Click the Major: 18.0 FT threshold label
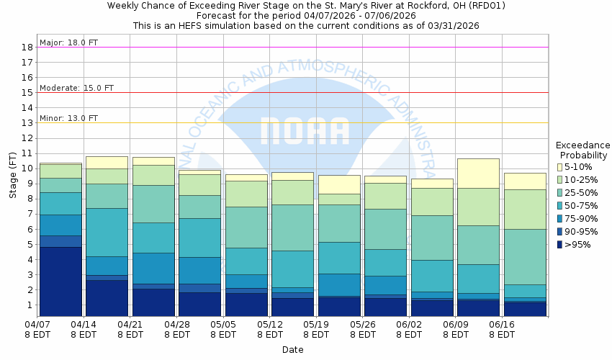click(68, 42)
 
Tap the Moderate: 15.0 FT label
click(76, 88)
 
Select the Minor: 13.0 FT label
click(68, 118)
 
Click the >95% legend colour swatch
click(559, 245)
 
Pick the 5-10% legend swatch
click(559, 167)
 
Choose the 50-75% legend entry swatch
click(559, 206)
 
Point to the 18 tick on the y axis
click(27, 48)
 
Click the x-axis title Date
click(292, 350)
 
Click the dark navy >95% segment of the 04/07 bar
click(61, 281)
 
